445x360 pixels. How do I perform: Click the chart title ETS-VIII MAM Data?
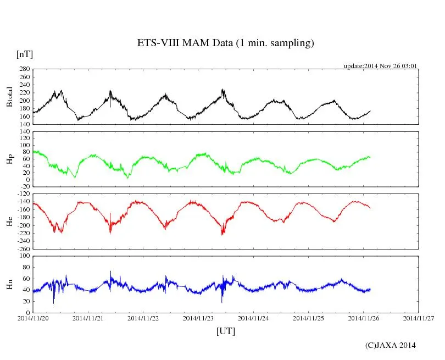[x=225, y=43]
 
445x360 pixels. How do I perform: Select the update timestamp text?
[x=381, y=66]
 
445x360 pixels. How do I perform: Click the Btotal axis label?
[x=9, y=97]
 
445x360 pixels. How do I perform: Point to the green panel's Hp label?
[x=9, y=159]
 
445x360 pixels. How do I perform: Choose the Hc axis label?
[x=9, y=221]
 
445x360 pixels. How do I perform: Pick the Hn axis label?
[x=9, y=284]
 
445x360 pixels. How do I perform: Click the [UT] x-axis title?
[x=225, y=331]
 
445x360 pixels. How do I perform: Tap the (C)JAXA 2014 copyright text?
[x=390, y=345]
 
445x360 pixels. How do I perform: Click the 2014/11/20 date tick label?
[x=33, y=318]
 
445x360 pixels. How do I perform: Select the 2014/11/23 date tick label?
[x=198, y=318]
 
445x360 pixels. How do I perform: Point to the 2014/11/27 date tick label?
[x=419, y=318]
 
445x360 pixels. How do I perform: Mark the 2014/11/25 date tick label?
[x=309, y=318]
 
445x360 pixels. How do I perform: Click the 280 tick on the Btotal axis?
[x=24, y=69]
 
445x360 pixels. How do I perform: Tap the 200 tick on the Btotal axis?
[x=24, y=101]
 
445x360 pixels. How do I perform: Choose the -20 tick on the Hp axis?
[x=25, y=186]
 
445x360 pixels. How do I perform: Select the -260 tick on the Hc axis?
[x=23, y=249]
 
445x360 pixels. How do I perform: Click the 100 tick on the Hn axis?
[x=24, y=256]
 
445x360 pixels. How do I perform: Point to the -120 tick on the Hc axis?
[x=23, y=195]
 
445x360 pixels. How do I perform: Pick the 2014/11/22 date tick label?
[x=143, y=318]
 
